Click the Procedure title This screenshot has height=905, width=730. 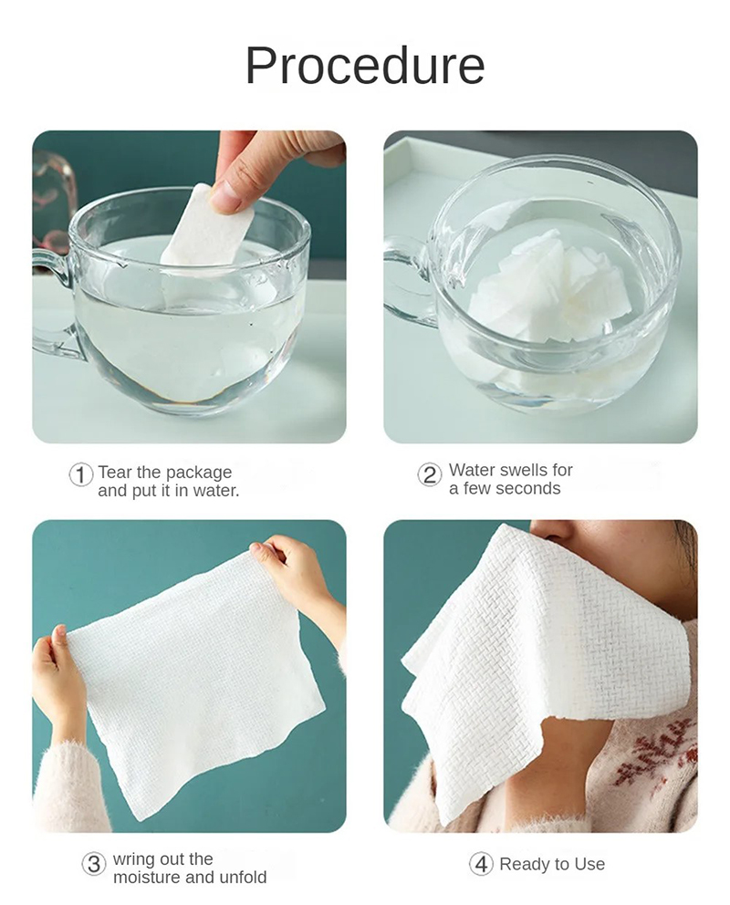coord(365,66)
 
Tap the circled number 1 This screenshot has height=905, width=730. coord(81,474)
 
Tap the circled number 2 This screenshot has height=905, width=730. coord(430,474)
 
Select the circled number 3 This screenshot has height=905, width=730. coord(94,864)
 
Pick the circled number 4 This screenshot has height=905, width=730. coord(481,864)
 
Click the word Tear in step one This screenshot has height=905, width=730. coord(115,473)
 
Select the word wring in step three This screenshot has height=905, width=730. coord(132,859)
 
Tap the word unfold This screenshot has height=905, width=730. coord(243,878)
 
